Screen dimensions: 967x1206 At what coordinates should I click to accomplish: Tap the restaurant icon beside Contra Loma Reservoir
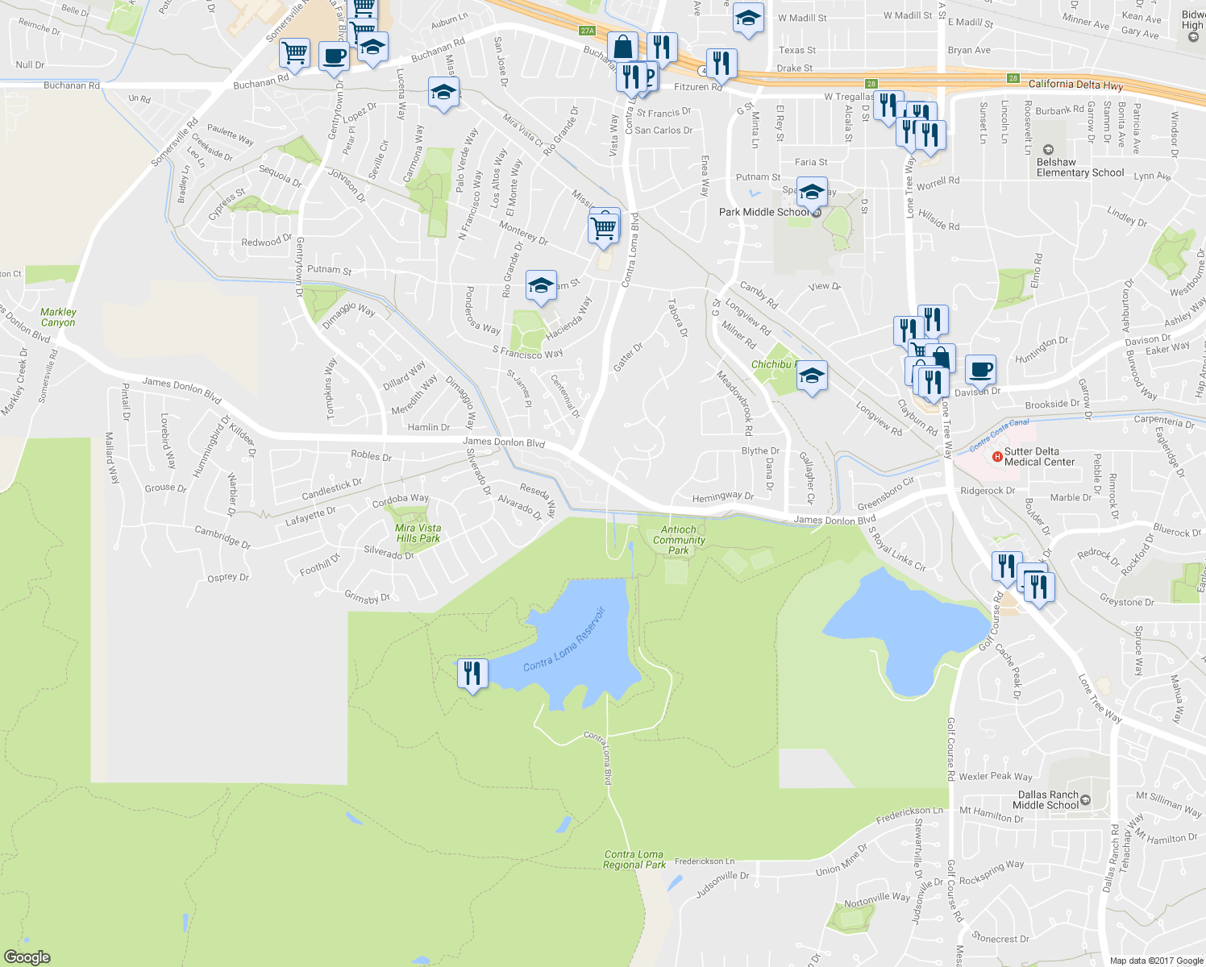coord(472,673)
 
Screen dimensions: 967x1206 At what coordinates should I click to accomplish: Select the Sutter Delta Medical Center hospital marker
coord(997,457)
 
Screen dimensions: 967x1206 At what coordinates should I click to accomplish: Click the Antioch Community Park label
coord(679,540)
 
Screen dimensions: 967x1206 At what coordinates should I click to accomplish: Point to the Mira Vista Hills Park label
coord(418,533)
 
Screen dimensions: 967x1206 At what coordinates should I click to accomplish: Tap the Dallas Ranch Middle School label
coord(1047,799)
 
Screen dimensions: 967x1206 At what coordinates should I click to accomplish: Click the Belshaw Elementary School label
coord(1079,167)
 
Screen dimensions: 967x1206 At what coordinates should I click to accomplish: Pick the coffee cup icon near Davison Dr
coord(980,369)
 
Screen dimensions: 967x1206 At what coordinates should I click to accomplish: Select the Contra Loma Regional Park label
coord(634,859)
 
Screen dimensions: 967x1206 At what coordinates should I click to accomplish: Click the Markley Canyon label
coord(58,317)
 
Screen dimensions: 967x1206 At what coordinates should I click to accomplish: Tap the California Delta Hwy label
coord(1075,84)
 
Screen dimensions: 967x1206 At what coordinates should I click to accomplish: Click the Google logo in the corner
coord(27,957)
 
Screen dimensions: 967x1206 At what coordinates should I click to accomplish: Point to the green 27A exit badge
coord(587,31)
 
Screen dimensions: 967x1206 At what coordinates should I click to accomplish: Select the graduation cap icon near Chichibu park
coord(812,376)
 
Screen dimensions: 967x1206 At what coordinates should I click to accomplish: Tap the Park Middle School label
coord(763,212)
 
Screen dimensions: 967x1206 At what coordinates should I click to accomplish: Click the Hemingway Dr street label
coord(722,496)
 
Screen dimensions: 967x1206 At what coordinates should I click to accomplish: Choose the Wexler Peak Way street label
coord(996,776)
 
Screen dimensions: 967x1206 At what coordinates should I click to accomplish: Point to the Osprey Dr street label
coord(228,577)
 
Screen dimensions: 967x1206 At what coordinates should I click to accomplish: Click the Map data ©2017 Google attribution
coord(1155,960)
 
